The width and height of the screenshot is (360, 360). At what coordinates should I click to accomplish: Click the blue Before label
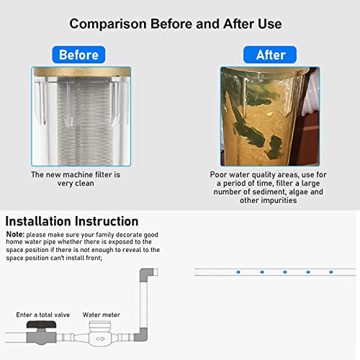78,55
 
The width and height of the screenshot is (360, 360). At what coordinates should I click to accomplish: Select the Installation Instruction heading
71,221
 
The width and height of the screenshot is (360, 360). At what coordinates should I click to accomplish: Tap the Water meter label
101,315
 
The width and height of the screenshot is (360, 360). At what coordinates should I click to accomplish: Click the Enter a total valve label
42,315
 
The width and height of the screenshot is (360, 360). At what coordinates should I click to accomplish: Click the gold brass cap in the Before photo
79,73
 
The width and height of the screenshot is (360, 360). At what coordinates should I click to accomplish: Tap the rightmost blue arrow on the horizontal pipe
333,271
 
